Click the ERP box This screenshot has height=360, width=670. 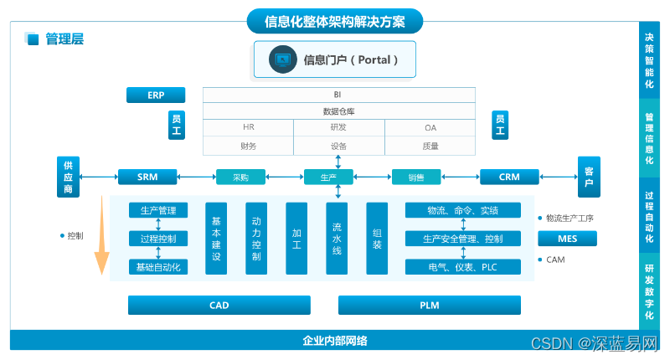click(x=156, y=95)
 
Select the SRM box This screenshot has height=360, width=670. click(x=148, y=177)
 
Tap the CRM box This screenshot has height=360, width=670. click(x=509, y=177)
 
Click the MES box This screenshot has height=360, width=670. click(x=567, y=239)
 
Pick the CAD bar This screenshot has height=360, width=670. click(x=219, y=306)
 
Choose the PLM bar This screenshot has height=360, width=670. click(x=429, y=306)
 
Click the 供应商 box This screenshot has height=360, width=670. click(x=69, y=177)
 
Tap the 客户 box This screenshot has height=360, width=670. click(x=590, y=177)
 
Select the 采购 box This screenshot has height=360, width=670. click(x=240, y=177)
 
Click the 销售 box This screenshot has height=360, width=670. click(x=416, y=177)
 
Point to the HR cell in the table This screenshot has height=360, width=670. click(x=249, y=127)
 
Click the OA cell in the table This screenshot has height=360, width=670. click(x=430, y=127)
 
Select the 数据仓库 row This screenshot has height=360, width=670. click(x=338, y=111)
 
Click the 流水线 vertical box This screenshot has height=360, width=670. click(x=338, y=239)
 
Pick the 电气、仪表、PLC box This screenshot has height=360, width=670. click(x=463, y=267)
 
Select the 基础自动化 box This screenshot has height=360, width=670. click(x=158, y=267)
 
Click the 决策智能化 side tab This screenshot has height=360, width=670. click(x=649, y=61)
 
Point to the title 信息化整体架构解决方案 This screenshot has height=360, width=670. click(x=335, y=21)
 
